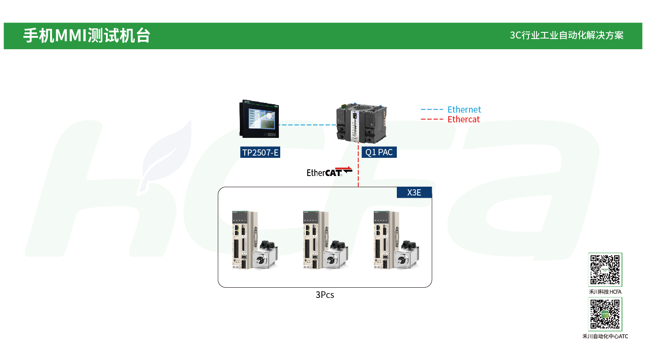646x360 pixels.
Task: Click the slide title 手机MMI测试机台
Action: coord(86,35)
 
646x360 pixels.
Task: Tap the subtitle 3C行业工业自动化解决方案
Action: coord(566,35)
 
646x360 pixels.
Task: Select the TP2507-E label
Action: coord(260,153)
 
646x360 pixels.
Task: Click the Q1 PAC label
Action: coord(379,153)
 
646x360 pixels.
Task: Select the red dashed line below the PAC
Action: coord(358,171)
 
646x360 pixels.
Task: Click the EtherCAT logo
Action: coord(329,172)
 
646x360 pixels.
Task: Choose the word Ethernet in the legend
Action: coord(464,110)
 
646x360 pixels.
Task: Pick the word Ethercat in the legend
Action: coord(463,119)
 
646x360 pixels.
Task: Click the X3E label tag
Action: coord(414,192)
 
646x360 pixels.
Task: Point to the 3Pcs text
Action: coord(325,295)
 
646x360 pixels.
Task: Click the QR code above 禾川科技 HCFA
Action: coord(605,270)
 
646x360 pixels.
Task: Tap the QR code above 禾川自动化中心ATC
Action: coord(605,314)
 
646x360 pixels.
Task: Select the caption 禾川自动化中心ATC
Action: coord(605,337)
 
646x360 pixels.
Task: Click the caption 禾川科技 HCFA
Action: coord(605,292)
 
